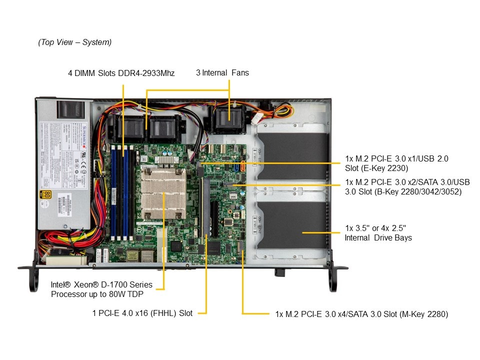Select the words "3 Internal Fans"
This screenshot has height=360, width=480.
222,73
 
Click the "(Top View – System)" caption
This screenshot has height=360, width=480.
75,42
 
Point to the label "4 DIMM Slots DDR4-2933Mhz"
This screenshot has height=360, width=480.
121,73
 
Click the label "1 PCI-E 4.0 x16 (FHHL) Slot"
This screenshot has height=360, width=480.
142,313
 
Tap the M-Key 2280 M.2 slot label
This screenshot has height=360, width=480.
361,314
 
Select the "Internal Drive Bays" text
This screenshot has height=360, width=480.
378,238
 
